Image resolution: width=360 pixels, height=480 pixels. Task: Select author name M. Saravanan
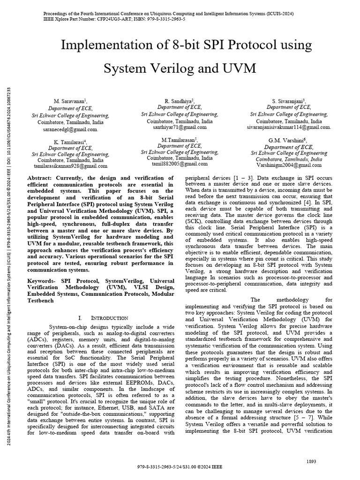[x=70, y=101]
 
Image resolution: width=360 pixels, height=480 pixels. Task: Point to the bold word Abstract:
[x=41, y=179]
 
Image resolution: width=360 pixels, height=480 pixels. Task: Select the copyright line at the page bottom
[x=180, y=467]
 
